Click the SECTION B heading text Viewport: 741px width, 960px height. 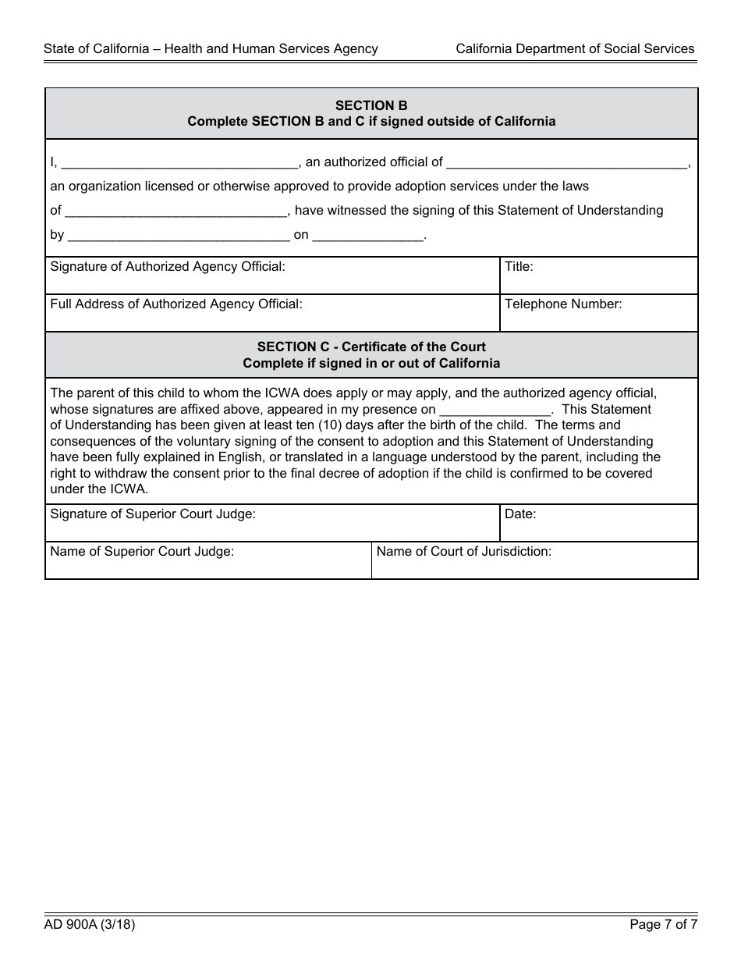[x=371, y=105]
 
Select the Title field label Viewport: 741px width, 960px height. [x=519, y=267]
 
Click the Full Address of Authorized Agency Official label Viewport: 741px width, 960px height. [x=176, y=304]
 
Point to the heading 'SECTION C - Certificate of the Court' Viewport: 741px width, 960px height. [x=371, y=347]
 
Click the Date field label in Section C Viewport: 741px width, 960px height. [x=520, y=514]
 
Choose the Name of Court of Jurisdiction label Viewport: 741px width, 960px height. [x=464, y=552]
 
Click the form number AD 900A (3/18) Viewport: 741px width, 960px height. [x=90, y=925]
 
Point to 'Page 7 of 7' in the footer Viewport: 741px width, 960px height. [x=663, y=925]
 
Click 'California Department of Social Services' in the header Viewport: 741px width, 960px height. [x=575, y=48]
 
